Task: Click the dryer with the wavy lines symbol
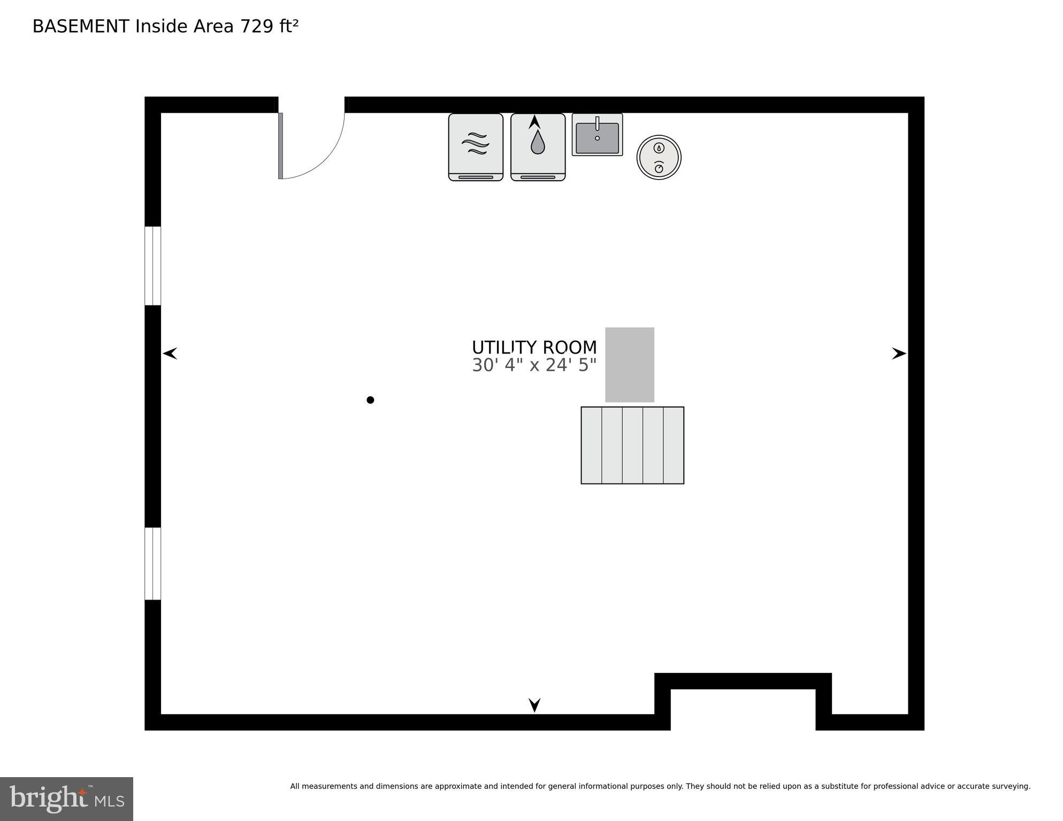pos(476,147)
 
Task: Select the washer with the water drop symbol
pos(538,147)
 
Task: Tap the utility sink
pos(597,135)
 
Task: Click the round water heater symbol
pos(659,157)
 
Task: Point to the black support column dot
pos(370,400)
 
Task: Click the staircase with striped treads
pos(632,445)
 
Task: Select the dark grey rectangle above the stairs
pos(630,364)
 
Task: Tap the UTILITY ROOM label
pos(534,348)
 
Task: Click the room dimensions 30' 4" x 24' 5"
pos(534,365)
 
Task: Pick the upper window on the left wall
pos(153,266)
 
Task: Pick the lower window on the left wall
pos(153,564)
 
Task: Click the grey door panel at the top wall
pos(280,145)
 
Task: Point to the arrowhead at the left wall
pos(170,354)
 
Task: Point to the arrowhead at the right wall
pos(899,354)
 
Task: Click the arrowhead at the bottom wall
pos(534,704)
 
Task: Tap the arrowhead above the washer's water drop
pos(534,122)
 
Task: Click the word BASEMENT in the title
pos(81,26)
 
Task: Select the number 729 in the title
pos(257,26)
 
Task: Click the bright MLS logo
pos(66,799)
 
